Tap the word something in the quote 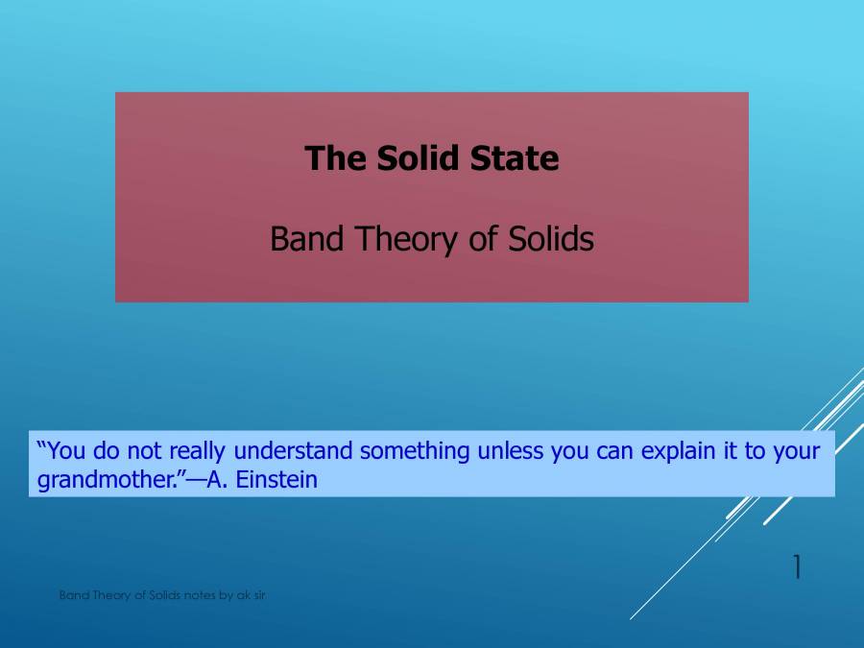click(415, 451)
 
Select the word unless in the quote click(511, 451)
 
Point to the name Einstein click(277, 479)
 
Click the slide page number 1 click(796, 568)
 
